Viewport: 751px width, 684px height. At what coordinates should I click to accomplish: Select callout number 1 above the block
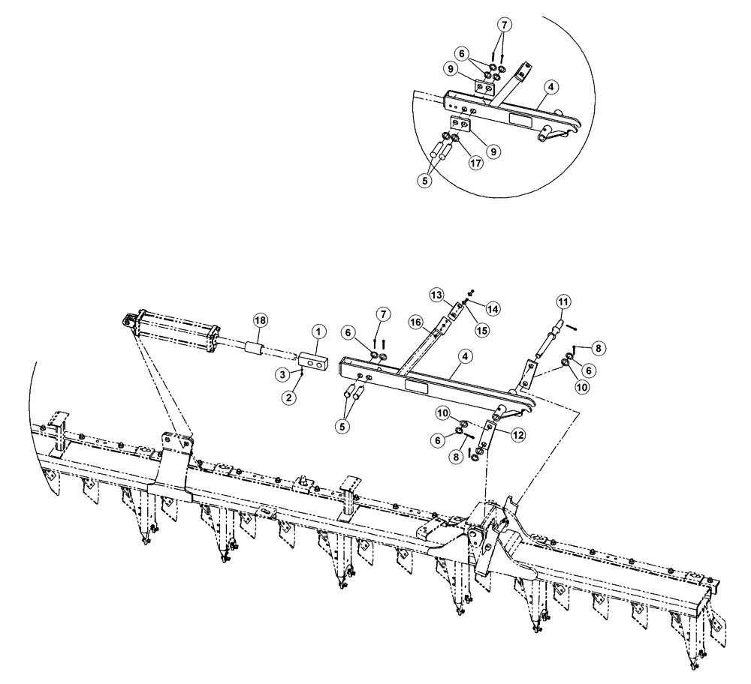point(318,331)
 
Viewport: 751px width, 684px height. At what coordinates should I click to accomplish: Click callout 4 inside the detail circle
point(550,88)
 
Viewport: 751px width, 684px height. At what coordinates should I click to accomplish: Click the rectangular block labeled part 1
point(313,361)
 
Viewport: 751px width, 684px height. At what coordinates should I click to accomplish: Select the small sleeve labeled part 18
point(255,347)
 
